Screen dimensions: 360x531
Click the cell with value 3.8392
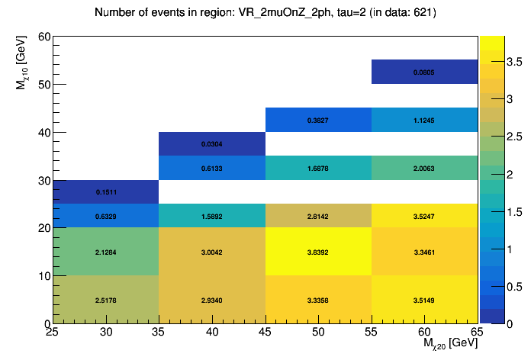pos(318,252)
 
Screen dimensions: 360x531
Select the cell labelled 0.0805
pos(424,72)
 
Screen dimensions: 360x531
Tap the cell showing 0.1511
pos(106,191)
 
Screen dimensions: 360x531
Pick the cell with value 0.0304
pos(211,143)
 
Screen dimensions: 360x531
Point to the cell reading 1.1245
pos(424,120)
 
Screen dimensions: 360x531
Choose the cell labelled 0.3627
pos(318,120)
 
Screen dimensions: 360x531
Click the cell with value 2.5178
pos(106,300)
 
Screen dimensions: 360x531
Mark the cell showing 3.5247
pos(424,216)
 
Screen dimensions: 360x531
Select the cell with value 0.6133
pos(211,168)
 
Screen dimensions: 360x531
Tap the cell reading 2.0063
pos(424,168)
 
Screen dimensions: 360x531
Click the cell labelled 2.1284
pos(106,252)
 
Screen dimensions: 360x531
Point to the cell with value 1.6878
pos(318,168)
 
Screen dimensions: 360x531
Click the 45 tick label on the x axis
pos(265,332)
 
